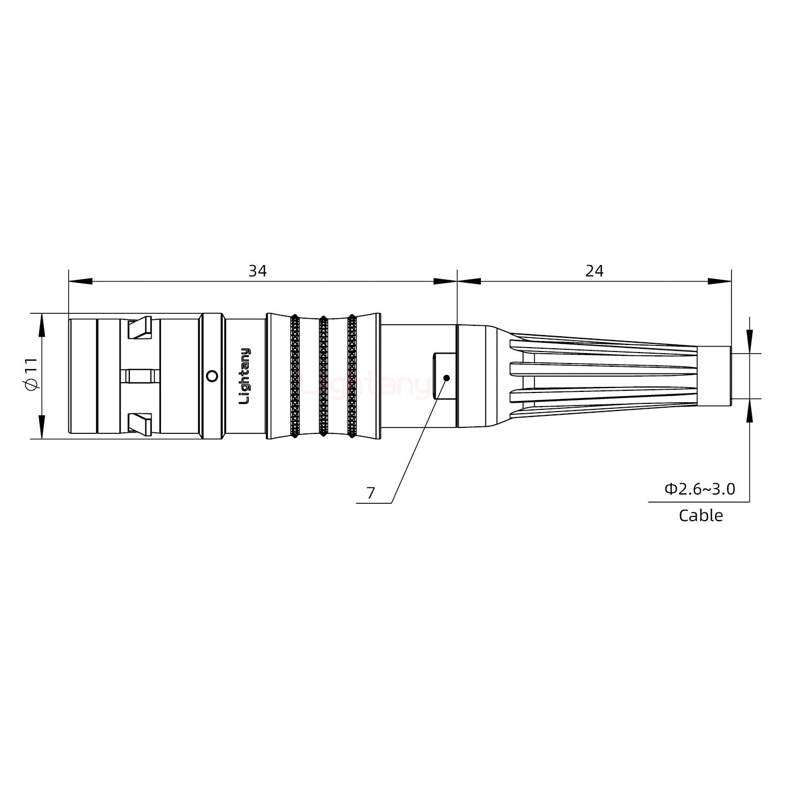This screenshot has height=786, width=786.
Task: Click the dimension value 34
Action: click(x=257, y=271)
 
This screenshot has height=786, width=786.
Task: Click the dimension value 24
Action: click(x=594, y=271)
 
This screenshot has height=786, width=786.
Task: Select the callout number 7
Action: click(x=371, y=493)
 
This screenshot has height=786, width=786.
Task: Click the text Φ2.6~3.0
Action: click(x=699, y=489)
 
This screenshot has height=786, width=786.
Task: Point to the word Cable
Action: click(x=700, y=515)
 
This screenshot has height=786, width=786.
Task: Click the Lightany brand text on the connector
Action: click(x=246, y=376)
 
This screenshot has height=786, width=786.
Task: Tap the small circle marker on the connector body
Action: click(x=212, y=376)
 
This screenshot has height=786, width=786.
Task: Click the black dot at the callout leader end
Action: click(x=446, y=378)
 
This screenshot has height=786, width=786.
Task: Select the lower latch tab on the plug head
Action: click(x=139, y=424)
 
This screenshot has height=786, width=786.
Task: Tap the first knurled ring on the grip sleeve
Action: click(x=295, y=376)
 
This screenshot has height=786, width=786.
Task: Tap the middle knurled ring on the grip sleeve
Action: click(x=323, y=376)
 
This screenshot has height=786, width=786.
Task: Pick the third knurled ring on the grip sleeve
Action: click(x=352, y=376)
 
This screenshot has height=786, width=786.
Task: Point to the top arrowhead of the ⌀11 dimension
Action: click(x=41, y=325)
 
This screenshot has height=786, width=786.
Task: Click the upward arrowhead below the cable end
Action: click(x=749, y=410)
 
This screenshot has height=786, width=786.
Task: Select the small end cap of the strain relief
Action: click(x=714, y=376)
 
